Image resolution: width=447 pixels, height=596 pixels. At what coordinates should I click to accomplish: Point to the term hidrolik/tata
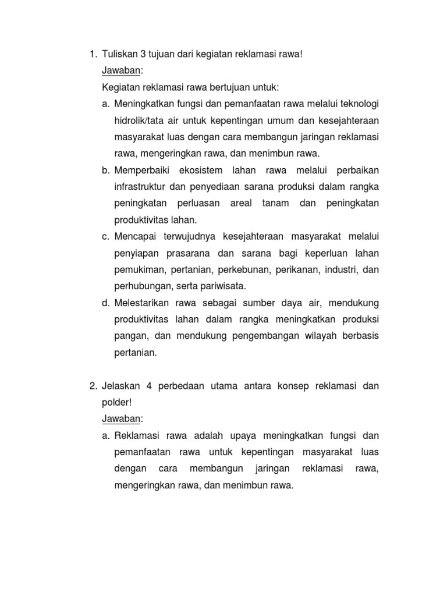point(139,120)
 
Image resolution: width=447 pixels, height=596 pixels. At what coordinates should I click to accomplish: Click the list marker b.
point(105,171)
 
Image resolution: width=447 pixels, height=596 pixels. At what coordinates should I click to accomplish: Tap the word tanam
point(274,204)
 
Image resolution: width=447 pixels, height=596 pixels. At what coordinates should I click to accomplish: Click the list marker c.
point(105,237)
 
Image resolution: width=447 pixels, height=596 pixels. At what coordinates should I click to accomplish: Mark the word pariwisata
point(222,286)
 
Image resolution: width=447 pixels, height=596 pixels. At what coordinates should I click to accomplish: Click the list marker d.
point(105,303)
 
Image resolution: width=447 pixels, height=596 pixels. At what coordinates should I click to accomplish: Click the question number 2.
point(93,386)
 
